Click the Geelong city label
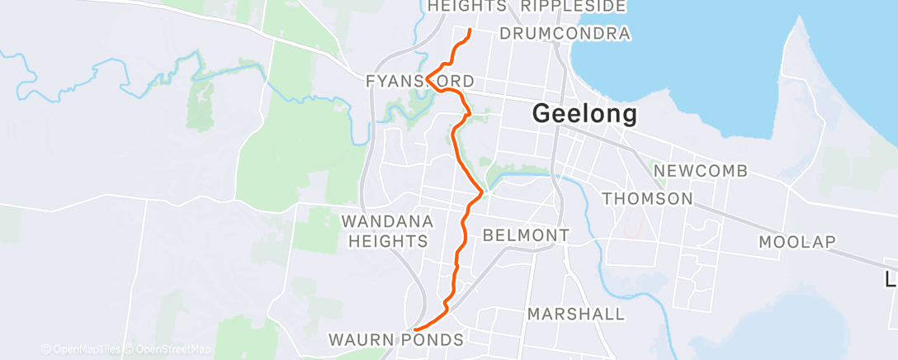[x=584, y=113]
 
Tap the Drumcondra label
[x=565, y=34]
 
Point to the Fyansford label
[x=421, y=82]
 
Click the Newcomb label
[x=700, y=171]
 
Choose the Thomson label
[x=647, y=198]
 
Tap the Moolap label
[x=797, y=242]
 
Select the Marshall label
[x=575, y=314]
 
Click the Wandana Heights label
[x=386, y=231]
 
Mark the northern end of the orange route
[x=470, y=31]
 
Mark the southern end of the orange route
[x=414, y=330]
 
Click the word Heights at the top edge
[x=467, y=7]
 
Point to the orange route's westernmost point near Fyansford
[x=426, y=78]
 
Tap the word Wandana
[x=386, y=221]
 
